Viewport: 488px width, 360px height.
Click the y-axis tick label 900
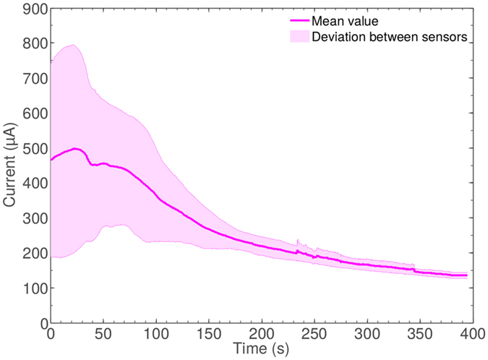pyautogui.click(x=35, y=9)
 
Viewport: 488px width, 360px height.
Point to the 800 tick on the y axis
pyautogui.click(x=35, y=44)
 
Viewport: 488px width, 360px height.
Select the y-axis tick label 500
pyautogui.click(x=35, y=149)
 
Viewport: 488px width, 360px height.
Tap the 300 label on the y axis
pyautogui.click(x=35, y=218)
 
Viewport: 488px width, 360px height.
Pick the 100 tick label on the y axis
pyautogui.click(x=35, y=288)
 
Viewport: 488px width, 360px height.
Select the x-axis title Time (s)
pyautogui.click(x=261, y=348)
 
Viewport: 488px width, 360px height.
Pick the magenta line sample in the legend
pyautogui.click(x=296, y=22)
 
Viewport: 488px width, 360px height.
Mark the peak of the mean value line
pyautogui.click(x=75, y=148)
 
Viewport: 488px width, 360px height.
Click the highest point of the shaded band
pyautogui.click(x=73, y=45)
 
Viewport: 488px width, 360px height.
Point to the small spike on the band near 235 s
pyautogui.click(x=298, y=241)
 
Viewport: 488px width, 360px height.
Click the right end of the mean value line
pyautogui.click(x=467, y=275)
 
